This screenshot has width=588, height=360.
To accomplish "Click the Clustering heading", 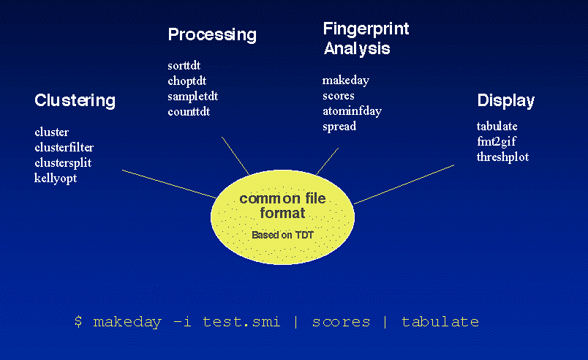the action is (x=75, y=100).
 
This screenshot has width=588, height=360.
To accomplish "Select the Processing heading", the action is (x=212, y=35).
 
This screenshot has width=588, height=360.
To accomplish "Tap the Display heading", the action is (x=506, y=100).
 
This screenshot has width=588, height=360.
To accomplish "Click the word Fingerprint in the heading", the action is (x=366, y=29).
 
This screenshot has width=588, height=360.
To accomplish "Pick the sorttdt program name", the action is (x=184, y=66).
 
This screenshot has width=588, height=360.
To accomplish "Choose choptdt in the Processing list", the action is (x=187, y=81).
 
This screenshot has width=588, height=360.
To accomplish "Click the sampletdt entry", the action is (x=193, y=97).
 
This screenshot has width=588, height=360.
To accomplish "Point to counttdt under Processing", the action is (x=189, y=112).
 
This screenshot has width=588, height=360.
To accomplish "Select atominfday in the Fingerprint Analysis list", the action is (x=352, y=111).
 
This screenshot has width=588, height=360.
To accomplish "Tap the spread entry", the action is (x=339, y=127).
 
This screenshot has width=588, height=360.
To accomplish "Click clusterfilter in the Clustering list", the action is (x=64, y=147).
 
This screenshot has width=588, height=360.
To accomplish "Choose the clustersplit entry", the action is (x=63, y=162).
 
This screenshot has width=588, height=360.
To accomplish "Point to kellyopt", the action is (x=56, y=178).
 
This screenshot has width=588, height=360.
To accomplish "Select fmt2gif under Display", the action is (x=497, y=142).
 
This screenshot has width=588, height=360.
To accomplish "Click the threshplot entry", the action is (x=503, y=157).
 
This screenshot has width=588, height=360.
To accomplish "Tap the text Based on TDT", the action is (x=282, y=235).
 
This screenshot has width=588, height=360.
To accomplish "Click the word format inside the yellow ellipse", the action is (x=282, y=213).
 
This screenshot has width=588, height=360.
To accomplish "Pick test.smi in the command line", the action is (x=241, y=322).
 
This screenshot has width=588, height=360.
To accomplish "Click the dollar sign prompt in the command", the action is (x=78, y=322).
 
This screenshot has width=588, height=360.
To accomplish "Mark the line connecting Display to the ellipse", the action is (x=404, y=184).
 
